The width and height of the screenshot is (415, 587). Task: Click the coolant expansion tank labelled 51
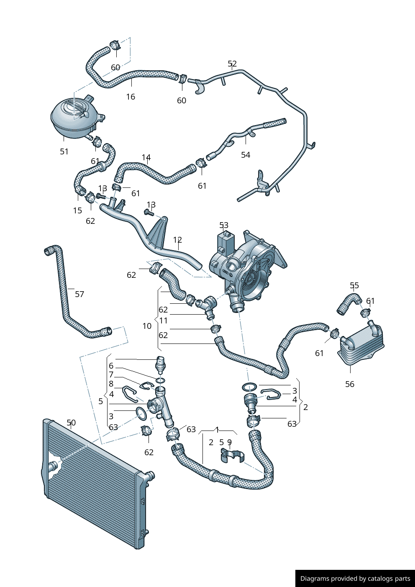[x=73, y=117]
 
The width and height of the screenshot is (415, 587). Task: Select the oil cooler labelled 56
[x=361, y=346]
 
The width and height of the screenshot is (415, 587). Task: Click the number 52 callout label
[x=232, y=64]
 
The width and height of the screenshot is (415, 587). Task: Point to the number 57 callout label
[x=79, y=294]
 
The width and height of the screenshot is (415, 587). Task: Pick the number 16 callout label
[x=131, y=97]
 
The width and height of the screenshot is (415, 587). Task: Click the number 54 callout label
[x=246, y=155]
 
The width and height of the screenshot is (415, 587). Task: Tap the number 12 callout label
[x=177, y=240]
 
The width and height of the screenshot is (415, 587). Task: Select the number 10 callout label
[x=147, y=326]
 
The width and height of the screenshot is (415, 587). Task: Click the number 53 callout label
[x=224, y=226]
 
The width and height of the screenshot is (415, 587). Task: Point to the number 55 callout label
[x=354, y=286]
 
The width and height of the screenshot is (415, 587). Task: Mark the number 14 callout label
[x=146, y=158]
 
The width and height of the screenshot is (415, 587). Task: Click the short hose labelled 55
[x=348, y=303]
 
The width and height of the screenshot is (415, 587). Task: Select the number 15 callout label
[x=77, y=210]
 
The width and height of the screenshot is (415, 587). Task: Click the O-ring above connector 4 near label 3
[x=249, y=387]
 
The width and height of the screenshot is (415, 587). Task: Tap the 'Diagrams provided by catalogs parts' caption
[x=355, y=579]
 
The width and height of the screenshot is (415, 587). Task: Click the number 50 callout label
[x=71, y=423]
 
